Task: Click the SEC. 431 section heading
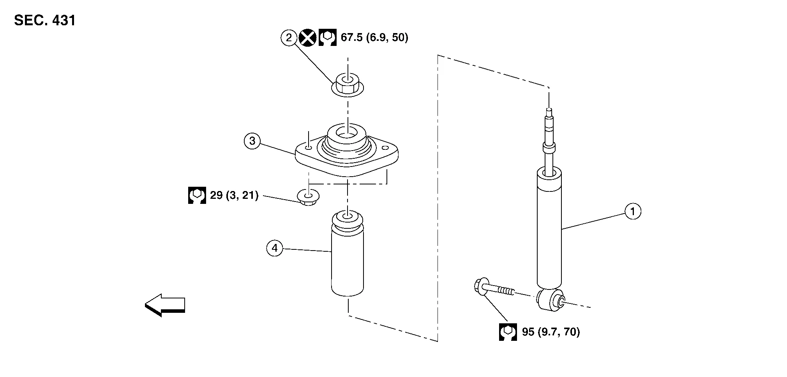[x=45, y=20]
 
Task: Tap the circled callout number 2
[x=289, y=38]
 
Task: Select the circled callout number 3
[x=252, y=141]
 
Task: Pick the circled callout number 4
[x=275, y=248]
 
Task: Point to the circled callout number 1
[x=633, y=211]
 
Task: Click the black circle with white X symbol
[x=307, y=38]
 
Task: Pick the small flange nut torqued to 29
[x=308, y=197]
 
